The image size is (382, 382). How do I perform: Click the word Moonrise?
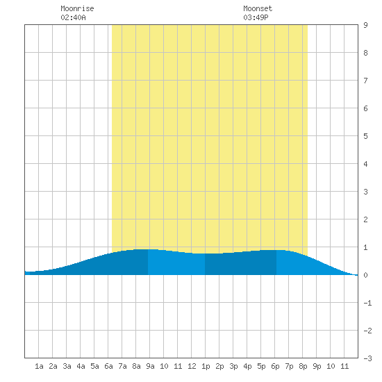[77, 8]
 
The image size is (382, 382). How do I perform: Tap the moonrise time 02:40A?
[73, 17]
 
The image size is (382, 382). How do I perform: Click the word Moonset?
[258, 8]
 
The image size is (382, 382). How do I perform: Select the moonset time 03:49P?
[256, 17]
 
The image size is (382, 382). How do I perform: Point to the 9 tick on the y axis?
[365, 25]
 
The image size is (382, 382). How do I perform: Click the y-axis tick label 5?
[365, 136]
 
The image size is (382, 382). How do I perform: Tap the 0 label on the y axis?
[365, 275]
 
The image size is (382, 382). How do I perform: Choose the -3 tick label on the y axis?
[367, 358]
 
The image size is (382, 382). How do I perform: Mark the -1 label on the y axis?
[367, 303]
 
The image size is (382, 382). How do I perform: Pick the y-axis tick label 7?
[365, 81]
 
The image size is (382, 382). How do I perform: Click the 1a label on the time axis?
[39, 366]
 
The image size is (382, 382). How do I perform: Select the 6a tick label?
[108, 366]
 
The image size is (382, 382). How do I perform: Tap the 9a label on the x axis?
[150, 366]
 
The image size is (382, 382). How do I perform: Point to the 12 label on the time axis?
[192, 366]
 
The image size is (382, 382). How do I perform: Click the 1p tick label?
[206, 366]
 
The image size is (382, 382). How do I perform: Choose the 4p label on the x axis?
[247, 366]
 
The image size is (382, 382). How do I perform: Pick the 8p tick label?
[303, 366]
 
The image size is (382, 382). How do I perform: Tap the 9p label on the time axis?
[317, 366]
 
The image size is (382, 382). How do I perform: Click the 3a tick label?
[67, 366]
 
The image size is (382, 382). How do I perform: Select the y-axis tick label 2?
[365, 219]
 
